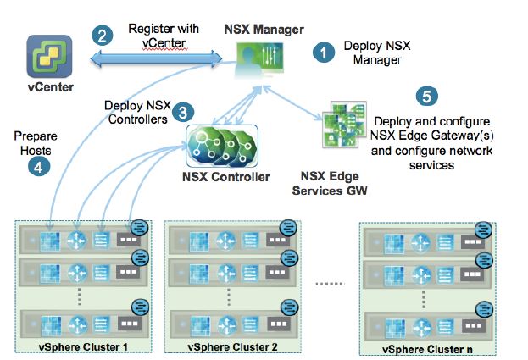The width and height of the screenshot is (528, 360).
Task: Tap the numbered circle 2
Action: (103, 36)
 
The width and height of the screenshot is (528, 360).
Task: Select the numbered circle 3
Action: (181, 111)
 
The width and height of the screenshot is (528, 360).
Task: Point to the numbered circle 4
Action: (36, 167)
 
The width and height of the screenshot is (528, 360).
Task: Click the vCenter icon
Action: (48, 57)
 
